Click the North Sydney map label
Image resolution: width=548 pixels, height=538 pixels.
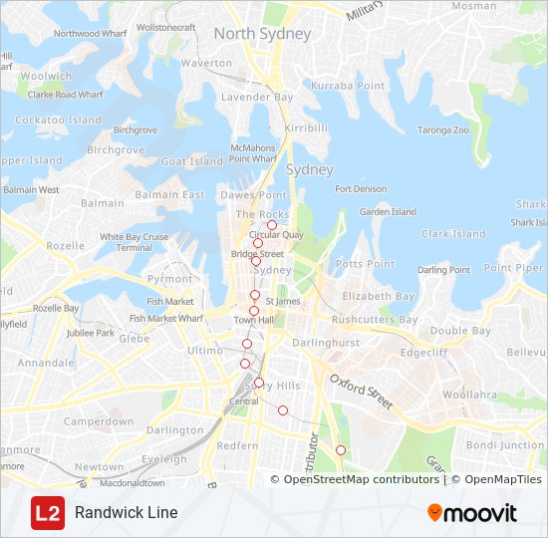pos(262,34)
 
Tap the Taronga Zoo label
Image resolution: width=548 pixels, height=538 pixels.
pos(442,130)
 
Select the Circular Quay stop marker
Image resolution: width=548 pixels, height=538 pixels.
pos(271,225)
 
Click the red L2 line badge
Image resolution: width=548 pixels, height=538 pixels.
pos(46,513)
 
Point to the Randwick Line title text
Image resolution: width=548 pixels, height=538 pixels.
pos(126,513)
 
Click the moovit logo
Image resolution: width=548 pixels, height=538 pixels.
pos(472,513)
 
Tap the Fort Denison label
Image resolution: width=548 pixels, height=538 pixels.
pos(361,189)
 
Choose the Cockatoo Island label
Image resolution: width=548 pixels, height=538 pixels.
pos(58,121)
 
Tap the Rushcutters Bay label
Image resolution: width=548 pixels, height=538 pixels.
pos(375,321)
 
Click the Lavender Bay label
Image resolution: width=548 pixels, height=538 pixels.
pos(257,98)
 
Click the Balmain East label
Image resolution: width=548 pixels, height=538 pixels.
pos(169,195)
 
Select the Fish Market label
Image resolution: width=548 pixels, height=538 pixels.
pos(170,302)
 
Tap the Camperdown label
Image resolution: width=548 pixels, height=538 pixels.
pos(99,422)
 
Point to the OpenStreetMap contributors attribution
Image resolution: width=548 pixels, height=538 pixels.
pos(362,479)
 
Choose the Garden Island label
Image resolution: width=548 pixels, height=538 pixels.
pos(388,212)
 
